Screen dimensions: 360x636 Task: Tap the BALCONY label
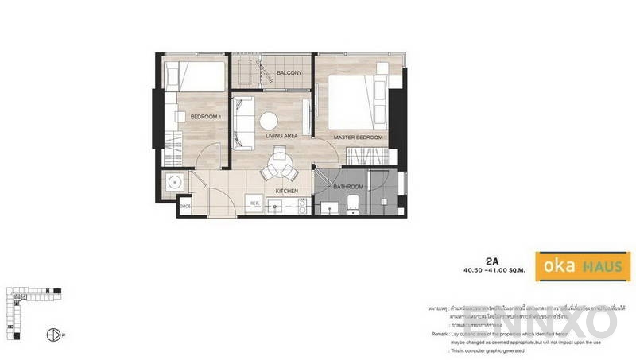[x=288, y=74]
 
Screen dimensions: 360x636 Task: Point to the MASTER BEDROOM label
[x=359, y=137]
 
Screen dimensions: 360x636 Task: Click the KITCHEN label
[x=286, y=191]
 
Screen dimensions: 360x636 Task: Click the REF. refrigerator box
[x=256, y=204]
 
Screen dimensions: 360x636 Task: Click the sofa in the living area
[x=243, y=122]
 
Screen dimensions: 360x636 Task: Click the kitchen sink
[x=276, y=207]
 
